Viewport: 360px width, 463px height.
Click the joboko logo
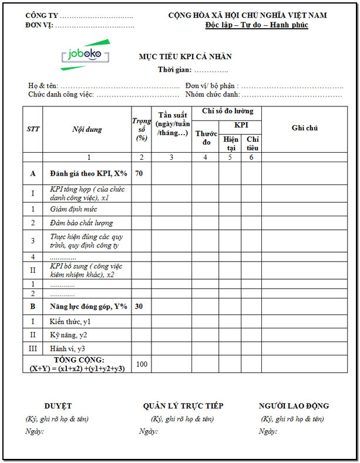[85, 55]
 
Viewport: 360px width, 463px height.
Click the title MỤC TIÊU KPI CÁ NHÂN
[185, 57]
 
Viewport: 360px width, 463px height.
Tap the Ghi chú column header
[305, 128]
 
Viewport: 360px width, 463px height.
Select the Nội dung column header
[87, 129]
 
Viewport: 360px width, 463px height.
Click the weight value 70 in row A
[139, 173]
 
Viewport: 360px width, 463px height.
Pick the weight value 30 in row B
[139, 307]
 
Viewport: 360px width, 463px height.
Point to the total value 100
[142, 364]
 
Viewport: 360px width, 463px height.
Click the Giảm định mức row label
[73, 209]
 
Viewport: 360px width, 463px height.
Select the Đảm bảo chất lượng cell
[81, 223]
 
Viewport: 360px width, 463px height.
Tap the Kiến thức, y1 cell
[70, 322]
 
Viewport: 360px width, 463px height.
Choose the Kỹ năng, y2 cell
[69, 335]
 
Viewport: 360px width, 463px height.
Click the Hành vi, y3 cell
[68, 349]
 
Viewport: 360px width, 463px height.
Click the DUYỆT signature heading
[58, 406]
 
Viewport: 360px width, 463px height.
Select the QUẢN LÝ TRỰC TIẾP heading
[183, 406]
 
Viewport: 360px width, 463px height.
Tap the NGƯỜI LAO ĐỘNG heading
[294, 406]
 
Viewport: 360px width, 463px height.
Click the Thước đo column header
[206, 139]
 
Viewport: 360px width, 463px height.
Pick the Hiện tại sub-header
[230, 143]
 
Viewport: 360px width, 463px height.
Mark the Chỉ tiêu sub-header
[252, 143]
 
